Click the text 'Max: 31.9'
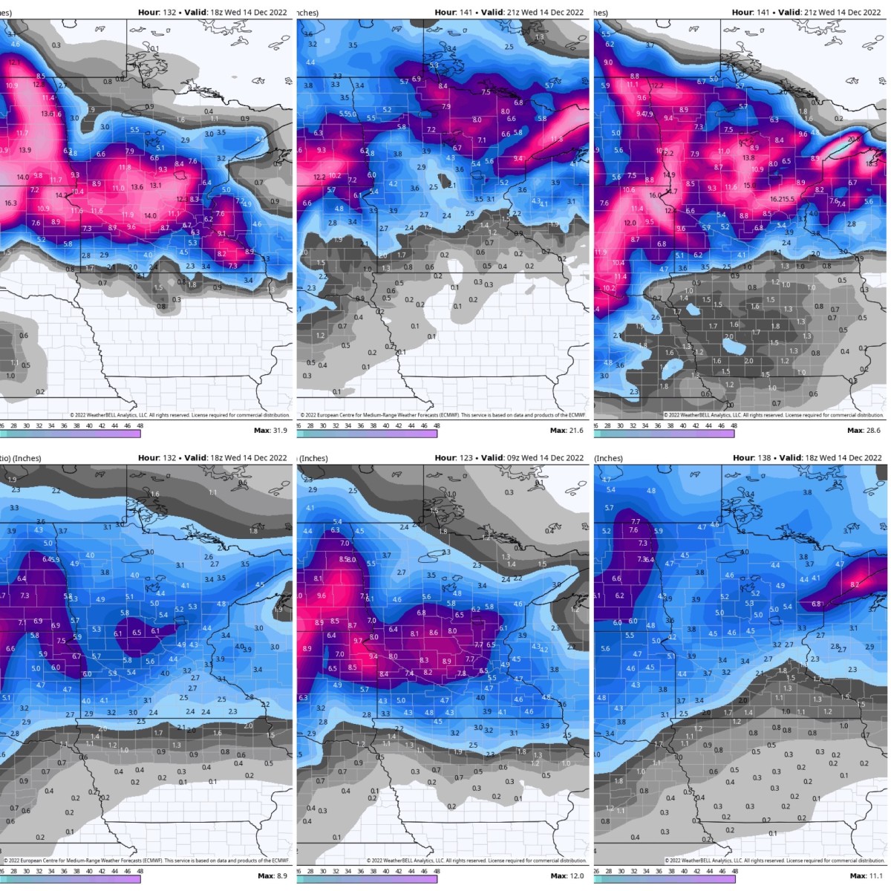pyautogui.click(x=270, y=431)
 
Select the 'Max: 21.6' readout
pyautogui.click(x=568, y=431)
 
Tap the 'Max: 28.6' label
pyautogui.click(x=865, y=431)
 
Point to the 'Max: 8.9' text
pyautogui.click(x=272, y=876)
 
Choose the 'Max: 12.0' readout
pyautogui.click(x=568, y=876)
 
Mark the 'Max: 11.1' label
pyautogui.click(x=865, y=876)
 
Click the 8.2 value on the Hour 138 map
pyautogui.click(x=855, y=585)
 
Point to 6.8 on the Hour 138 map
pyautogui.click(x=817, y=604)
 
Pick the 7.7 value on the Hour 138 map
pyautogui.click(x=635, y=522)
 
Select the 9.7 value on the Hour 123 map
pyautogui.click(x=357, y=641)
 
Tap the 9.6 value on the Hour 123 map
pyautogui.click(x=322, y=595)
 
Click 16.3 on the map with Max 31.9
pyautogui.click(x=10, y=203)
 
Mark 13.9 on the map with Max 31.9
pyautogui.click(x=25, y=151)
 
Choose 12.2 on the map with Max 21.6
pyautogui.click(x=319, y=177)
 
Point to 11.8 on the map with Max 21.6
pyautogui.click(x=557, y=140)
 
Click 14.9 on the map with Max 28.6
pyautogui.click(x=669, y=175)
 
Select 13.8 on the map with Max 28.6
pyautogui.click(x=748, y=158)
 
